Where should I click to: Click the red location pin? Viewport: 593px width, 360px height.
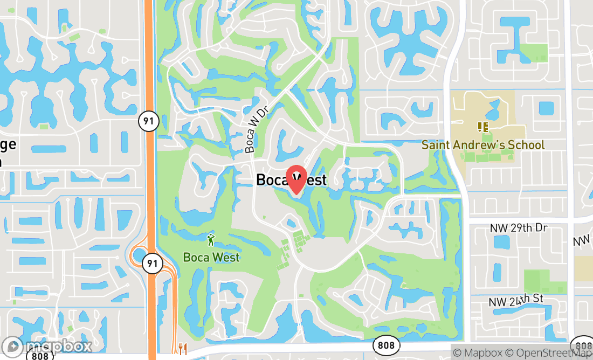pyautogui.click(x=296, y=179)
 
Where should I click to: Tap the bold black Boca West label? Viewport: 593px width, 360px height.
pyautogui.click(x=291, y=179)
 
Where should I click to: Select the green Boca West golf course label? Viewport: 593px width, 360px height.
pyautogui.click(x=211, y=257)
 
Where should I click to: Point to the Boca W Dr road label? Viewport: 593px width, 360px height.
pyautogui.click(x=257, y=129)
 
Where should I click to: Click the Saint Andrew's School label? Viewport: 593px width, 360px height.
pyautogui.click(x=483, y=145)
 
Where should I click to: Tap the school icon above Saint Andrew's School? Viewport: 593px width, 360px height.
pyautogui.click(x=482, y=127)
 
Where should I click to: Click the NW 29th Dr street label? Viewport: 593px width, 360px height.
pyautogui.click(x=519, y=228)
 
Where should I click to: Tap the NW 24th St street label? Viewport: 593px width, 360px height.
pyautogui.click(x=515, y=301)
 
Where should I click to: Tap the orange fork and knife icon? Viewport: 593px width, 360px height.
pyautogui.click(x=182, y=349)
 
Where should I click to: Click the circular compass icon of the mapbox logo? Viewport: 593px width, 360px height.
pyautogui.click(x=12, y=347)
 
